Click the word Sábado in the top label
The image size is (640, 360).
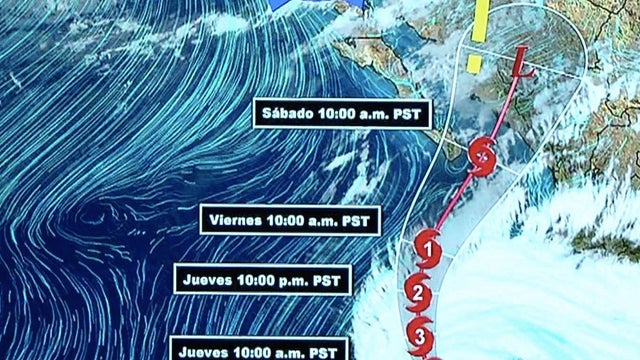click(288, 114)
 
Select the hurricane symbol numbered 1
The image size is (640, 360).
click(428, 244)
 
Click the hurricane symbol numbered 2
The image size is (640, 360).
click(419, 294)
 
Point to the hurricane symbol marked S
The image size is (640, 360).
click(483, 156)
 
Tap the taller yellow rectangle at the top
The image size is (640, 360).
click(481, 20)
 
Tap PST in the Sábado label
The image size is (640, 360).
click(407, 114)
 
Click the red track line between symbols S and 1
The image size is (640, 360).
click(455, 200)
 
